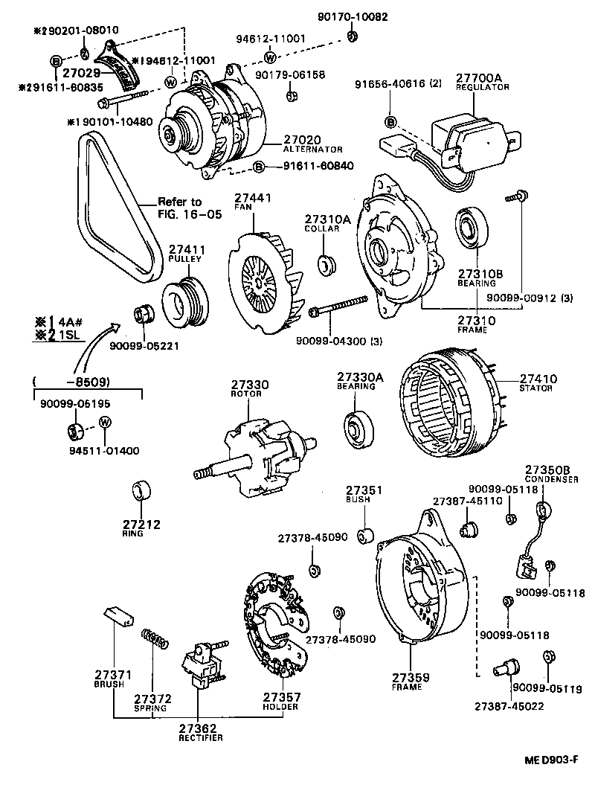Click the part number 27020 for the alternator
point(301,139)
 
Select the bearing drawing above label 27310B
point(469,228)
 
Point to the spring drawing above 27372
point(155,638)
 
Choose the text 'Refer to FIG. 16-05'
point(179,208)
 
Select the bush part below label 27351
point(365,536)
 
